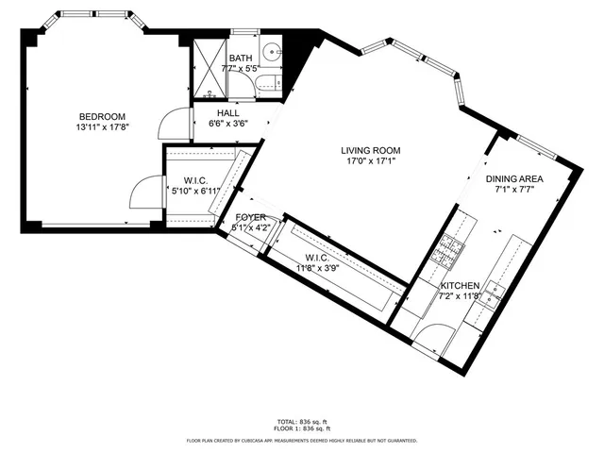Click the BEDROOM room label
101,116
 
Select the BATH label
240,58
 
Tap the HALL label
228,113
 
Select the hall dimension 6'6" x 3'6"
228,124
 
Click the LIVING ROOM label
371,150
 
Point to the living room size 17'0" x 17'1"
371,161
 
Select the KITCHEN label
461,286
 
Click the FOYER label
251,217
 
